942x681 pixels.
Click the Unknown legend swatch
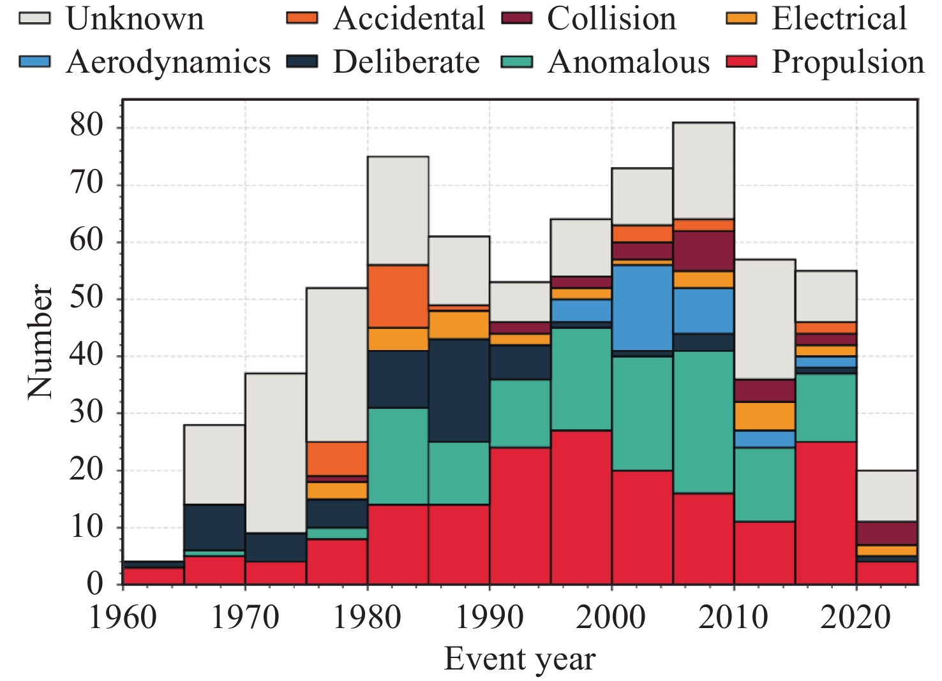tap(34, 18)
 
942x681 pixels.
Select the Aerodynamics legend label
tap(168, 62)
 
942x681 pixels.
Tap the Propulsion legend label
tap(848, 62)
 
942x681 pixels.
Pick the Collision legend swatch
tap(517, 18)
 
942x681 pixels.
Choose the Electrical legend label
tap(839, 18)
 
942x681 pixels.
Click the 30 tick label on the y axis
tap(87, 413)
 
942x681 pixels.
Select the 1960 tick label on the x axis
tap(123, 617)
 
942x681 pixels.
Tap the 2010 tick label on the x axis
tap(734, 617)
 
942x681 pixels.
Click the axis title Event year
tap(520, 659)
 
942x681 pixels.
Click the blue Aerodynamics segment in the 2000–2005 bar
tap(642, 308)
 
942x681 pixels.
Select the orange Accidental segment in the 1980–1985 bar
tap(398, 297)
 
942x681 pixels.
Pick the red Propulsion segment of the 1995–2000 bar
tap(581, 508)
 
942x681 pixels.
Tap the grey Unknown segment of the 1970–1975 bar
tap(275, 453)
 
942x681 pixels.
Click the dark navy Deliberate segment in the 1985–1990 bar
tap(459, 390)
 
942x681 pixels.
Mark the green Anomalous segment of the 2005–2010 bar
tap(703, 421)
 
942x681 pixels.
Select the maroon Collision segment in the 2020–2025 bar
tap(887, 533)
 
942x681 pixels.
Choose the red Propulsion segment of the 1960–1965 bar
tap(153, 576)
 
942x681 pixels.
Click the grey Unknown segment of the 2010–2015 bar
tap(765, 319)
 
